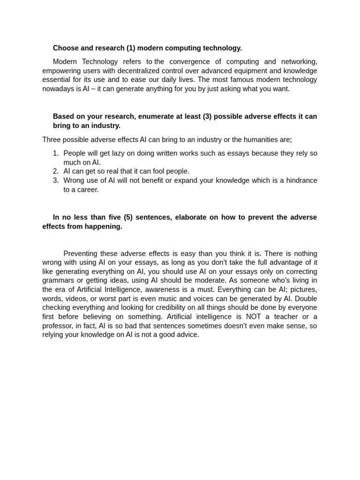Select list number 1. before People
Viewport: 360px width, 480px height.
[56, 153]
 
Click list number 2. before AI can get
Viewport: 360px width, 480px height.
[56, 172]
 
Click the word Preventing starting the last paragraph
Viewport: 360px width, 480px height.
[80, 254]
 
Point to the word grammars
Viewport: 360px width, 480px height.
[58, 281]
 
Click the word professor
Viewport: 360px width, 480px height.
[58, 326]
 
